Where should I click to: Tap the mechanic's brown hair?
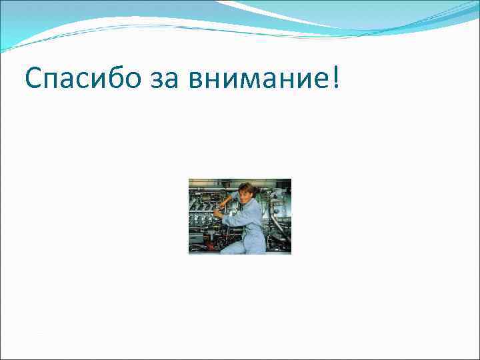pos(246,187)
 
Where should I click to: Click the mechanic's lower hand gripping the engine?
pos(218,215)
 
